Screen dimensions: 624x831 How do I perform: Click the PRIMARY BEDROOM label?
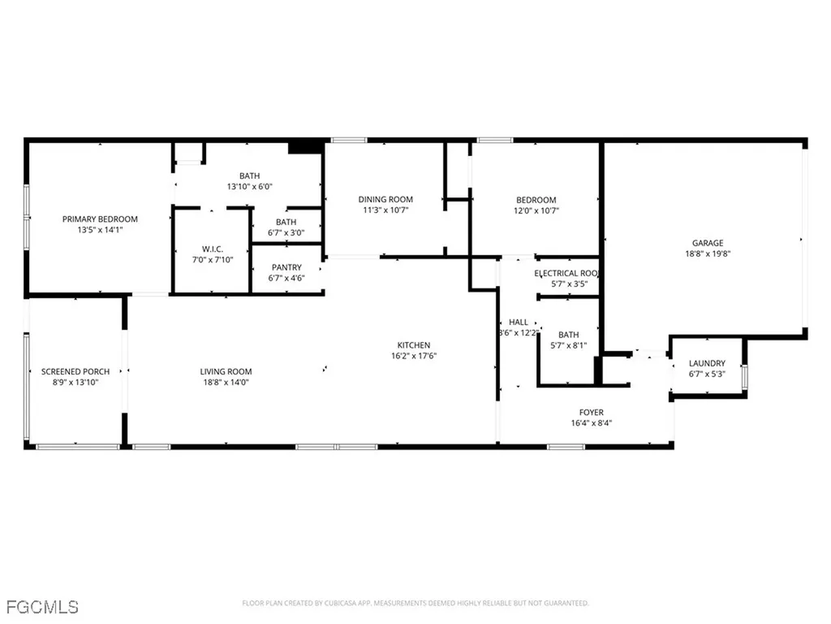100,219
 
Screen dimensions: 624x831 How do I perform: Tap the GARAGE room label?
707,243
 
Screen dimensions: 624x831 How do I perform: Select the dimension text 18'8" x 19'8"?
707,253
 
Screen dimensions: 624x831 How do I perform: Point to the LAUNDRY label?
707,363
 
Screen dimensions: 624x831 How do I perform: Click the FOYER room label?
591,413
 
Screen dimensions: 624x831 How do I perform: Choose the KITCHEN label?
413,345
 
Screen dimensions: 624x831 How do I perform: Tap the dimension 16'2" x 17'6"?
413,356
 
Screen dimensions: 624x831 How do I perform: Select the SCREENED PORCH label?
75,372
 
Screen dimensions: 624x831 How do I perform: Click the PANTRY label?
287,267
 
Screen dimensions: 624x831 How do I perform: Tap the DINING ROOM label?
385,200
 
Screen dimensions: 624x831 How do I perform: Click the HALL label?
519,323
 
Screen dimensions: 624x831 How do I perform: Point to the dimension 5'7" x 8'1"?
568,345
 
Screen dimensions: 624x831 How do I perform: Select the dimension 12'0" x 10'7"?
536,210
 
